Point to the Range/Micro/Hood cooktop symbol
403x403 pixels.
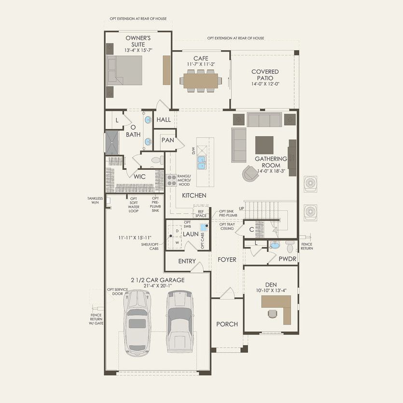point(172,180)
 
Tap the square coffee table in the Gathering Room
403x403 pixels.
point(264,144)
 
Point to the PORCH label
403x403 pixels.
point(227,324)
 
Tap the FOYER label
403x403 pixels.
point(227,260)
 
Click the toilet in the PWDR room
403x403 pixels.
point(290,247)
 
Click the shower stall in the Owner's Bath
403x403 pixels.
point(112,142)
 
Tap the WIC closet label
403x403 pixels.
point(139,177)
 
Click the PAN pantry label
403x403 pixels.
point(167,140)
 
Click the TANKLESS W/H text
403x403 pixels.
point(95,200)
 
